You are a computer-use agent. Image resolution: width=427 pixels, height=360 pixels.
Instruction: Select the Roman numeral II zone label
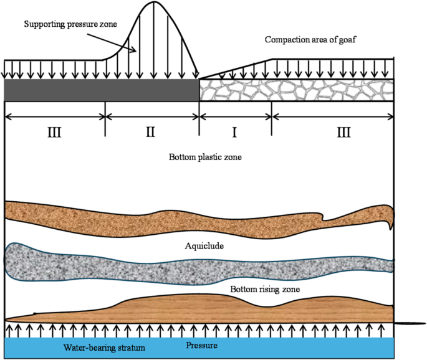tap(150, 132)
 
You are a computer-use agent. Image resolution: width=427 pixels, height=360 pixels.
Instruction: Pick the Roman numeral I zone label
tap(235, 132)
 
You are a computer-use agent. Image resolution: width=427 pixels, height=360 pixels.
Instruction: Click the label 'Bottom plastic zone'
tap(205, 158)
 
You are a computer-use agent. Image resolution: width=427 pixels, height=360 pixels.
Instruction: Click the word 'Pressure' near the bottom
tap(203, 344)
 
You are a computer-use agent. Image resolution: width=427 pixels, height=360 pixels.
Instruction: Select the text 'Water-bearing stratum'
tap(100, 347)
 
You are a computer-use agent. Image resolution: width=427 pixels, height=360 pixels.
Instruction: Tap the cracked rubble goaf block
tap(297, 90)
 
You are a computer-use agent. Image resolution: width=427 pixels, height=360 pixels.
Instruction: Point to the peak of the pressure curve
tap(153, 2)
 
